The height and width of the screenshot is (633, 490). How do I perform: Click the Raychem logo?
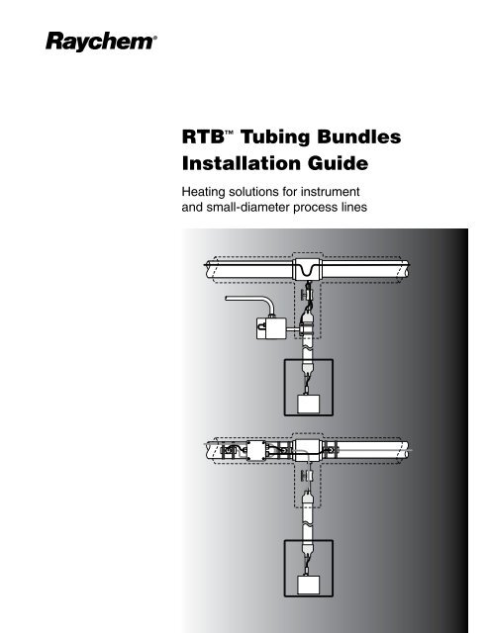101,42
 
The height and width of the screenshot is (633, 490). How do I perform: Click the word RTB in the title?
203,136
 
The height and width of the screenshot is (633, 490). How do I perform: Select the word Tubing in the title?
276,137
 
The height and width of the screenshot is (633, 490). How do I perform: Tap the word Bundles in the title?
359,136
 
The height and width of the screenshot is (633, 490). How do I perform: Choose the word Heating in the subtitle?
202,192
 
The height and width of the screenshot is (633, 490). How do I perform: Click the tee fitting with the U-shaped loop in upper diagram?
307,269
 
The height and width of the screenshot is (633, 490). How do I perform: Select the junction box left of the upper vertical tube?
271,327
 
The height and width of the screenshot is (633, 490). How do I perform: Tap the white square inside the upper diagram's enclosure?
308,404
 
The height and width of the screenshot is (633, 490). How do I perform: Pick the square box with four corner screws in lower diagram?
256,450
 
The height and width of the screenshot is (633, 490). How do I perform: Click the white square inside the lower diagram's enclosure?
308,585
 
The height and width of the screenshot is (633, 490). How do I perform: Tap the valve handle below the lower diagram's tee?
303,476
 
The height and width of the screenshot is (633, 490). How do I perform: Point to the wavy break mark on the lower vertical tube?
308,524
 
